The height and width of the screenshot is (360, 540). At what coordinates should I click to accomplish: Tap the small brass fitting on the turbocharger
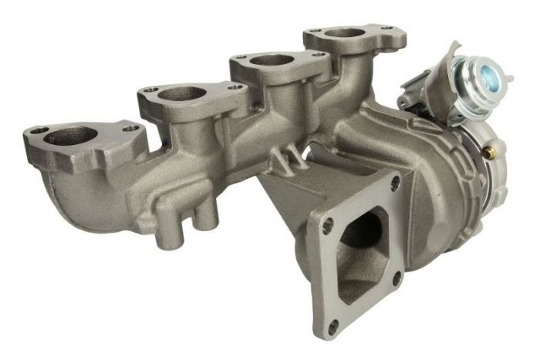(x=488, y=153)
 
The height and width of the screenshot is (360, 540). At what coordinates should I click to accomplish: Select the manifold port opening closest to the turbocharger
(x=344, y=33)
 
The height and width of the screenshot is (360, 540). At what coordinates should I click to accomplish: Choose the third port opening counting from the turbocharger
(x=182, y=93)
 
